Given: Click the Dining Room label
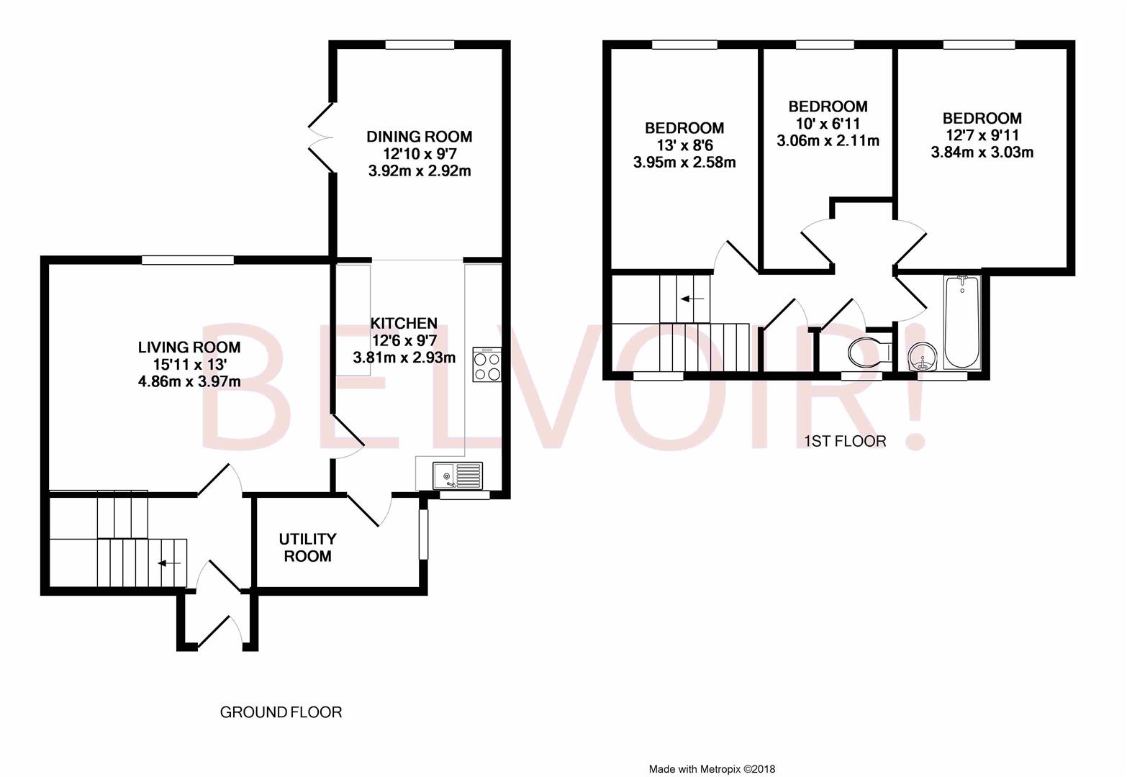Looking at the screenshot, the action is point(419,137).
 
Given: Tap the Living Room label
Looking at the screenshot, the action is point(189,347).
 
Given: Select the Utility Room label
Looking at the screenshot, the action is point(307,547).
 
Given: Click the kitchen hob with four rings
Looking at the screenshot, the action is point(487,364).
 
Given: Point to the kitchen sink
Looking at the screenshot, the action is point(457,476).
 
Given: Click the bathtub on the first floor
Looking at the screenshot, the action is point(962,322).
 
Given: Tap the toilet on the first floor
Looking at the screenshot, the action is point(870,352).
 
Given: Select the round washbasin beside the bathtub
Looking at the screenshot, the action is point(922,358).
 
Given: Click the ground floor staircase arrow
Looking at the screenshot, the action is point(169,563).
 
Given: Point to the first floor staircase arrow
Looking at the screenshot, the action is point(692,299).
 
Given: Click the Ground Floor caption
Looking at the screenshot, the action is point(281,712).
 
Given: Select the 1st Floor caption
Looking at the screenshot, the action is point(845,441).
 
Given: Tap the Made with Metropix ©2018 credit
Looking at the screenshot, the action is point(712,769).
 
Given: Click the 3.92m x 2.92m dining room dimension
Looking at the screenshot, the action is point(420,171).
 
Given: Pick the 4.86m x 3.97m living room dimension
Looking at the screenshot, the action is point(189,382).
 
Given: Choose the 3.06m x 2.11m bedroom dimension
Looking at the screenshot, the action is point(828,140).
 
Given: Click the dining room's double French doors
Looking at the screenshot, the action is point(322,137).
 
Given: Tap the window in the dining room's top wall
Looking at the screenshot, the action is point(420,45).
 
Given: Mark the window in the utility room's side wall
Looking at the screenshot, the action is point(424,534).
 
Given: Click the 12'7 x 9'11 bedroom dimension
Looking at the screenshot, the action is point(982,135).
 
